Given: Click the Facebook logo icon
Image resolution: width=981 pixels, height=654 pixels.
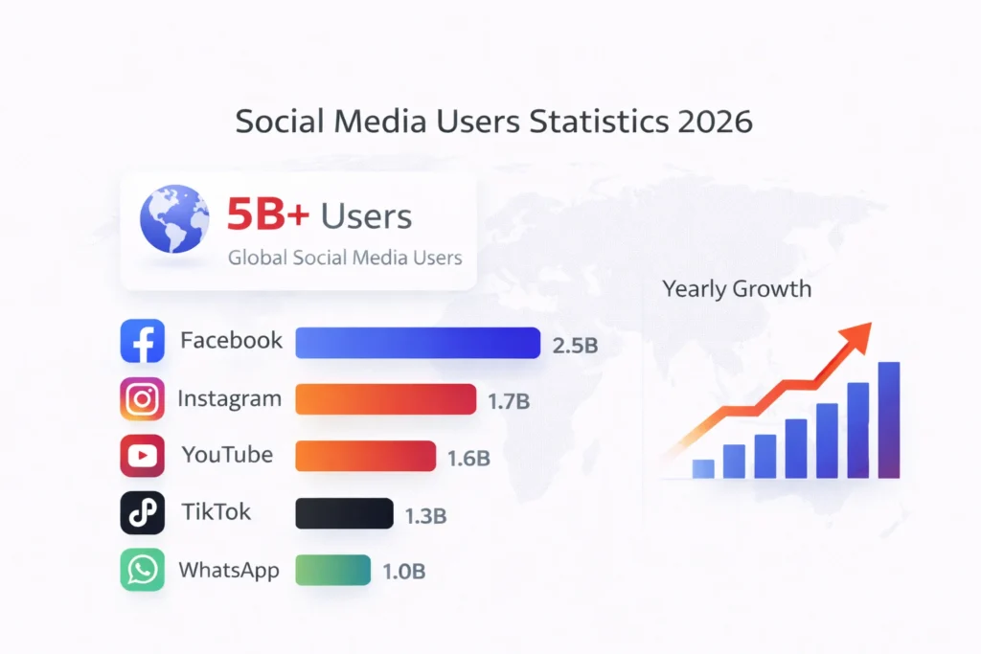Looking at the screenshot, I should tap(142, 341).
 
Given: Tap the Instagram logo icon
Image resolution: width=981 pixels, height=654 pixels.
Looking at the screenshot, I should tap(142, 399).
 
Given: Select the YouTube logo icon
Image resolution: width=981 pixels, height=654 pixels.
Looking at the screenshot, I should tap(142, 456).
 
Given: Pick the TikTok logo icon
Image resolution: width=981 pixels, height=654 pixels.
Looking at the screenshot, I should tap(142, 513).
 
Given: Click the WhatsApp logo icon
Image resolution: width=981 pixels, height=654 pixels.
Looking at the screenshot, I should tap(142, 571).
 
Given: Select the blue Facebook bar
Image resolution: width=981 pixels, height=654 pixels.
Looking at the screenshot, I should tap(418, 343).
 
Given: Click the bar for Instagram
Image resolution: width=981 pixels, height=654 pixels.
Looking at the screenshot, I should tap(385, 399).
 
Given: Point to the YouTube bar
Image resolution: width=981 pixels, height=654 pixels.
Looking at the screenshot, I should tap(365, 457).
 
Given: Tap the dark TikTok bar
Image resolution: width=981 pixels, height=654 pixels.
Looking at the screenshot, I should tap(344, 513).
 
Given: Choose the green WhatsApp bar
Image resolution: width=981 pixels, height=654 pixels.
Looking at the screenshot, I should tap(332, 571).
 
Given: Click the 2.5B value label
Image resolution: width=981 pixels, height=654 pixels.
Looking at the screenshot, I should tap(575, 346).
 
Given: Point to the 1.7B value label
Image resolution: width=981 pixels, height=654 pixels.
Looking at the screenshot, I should tap(509, 402).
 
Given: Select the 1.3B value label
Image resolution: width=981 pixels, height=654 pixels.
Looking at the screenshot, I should tap(425, 516).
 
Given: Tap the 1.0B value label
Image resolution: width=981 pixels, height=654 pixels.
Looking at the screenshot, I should tap(403, 573).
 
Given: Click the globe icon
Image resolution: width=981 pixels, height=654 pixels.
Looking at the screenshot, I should tap(174, 219).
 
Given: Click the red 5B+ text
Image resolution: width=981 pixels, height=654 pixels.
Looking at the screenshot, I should tap(268, 216).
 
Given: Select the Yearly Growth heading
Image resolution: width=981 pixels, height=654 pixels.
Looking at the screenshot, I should tap(736, 289).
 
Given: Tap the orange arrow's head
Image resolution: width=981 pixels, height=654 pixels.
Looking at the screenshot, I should tap(859, 333).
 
